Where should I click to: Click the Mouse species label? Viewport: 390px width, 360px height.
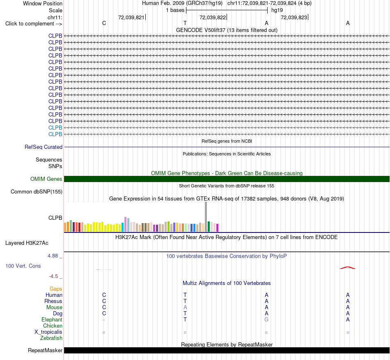(54, 308)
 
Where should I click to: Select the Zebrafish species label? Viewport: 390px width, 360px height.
(51, 338)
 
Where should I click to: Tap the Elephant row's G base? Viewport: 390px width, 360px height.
(266, 319)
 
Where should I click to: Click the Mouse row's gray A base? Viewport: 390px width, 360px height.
(185, 308)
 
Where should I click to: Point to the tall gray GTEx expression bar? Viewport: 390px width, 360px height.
(206, 216)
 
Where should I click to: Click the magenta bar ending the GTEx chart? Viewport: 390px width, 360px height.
(218, 228)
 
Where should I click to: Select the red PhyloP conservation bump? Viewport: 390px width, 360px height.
(348, 268)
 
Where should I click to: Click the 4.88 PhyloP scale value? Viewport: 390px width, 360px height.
(53, 256)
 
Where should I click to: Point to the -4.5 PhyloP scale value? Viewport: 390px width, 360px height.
(53, 276)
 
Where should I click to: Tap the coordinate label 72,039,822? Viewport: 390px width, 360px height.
(213, 17)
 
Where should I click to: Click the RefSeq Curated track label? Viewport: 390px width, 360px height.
(44, 147)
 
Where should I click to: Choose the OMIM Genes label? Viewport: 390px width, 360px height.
(46, 179)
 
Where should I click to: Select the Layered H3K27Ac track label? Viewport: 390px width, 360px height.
(27, 243)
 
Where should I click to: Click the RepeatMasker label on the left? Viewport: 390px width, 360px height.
(45, 350)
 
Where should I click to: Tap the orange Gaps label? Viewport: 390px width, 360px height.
(56, 289)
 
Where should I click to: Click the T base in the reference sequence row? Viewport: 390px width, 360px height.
(185, 23)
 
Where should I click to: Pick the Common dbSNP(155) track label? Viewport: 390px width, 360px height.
(37, 192)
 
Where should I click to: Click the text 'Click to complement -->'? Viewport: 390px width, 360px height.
(34, 24)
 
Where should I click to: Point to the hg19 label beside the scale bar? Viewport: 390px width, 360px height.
(277, 10)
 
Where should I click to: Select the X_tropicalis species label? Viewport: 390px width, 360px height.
(48, 332)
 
